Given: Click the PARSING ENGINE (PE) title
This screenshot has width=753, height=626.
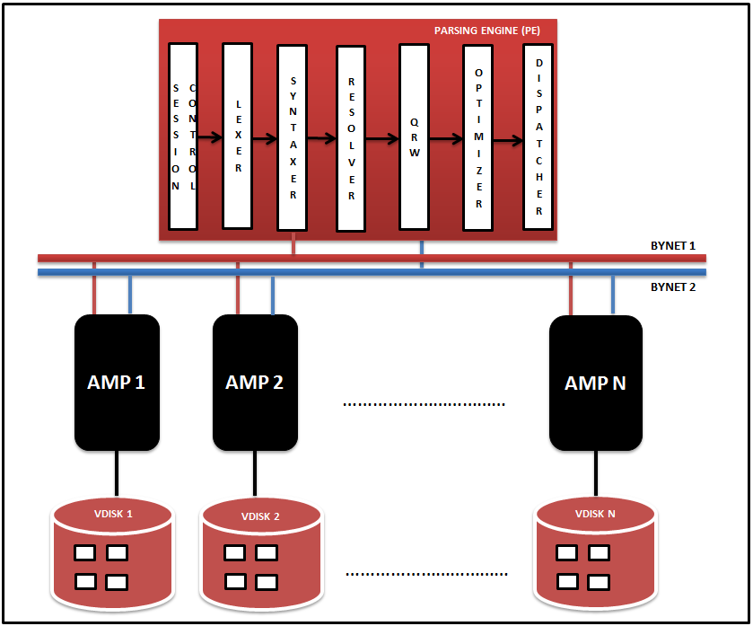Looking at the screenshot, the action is coord(487,31).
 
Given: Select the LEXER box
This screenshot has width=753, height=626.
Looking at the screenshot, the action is coord(237,136).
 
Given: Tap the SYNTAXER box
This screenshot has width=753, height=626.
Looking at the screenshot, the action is coord(292,138).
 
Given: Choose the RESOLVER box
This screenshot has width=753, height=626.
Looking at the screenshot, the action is coord(351,139).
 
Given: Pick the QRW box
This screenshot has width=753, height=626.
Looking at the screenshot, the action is coord(414,137).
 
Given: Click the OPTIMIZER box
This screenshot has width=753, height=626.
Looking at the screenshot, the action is coord(477,138).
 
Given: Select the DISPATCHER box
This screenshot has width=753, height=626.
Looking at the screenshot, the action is coord(538,137).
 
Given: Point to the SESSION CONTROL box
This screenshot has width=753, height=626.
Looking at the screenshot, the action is coord(183,137).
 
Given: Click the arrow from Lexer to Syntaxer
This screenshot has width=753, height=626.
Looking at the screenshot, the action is coord(265,139).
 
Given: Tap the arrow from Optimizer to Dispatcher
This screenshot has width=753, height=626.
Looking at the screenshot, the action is coord(508,141).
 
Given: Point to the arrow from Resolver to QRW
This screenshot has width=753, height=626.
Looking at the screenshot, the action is coord(382,139).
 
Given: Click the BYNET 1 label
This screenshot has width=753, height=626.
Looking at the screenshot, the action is coord(673,246).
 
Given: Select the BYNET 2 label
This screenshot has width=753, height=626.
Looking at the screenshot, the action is coord(673,287).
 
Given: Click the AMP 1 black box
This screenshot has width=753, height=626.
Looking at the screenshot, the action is coord(117,383).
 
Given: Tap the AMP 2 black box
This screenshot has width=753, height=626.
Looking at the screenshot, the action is coord(255,383).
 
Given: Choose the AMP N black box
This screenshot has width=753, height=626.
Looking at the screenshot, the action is coord(595,383).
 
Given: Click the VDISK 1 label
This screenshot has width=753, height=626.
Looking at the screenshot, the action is coord(113,514).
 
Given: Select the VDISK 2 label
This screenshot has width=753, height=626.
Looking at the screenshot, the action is coord(260,516).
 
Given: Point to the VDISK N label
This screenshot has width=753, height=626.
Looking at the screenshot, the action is coord(595,514).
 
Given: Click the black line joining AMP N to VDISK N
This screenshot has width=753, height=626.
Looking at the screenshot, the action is coord(596,473).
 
